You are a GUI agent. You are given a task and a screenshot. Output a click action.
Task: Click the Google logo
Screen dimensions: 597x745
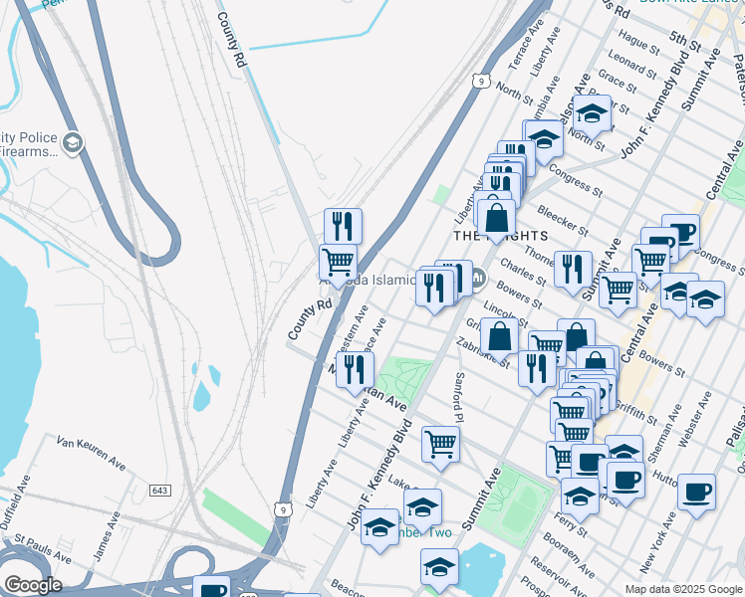click(x=32, y=585)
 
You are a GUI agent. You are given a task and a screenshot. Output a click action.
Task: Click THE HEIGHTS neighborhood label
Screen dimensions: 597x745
click(x=500, y=236)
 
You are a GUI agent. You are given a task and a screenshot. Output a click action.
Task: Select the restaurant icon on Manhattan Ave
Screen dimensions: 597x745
click(x=355, y=369)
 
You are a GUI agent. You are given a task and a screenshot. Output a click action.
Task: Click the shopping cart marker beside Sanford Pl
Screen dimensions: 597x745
click(x=440, y=444)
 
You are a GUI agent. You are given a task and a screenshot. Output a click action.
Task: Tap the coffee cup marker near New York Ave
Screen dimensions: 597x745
click(x=696, y=491)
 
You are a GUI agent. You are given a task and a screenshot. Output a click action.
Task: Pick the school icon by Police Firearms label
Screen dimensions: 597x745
click(x=72, y=143)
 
